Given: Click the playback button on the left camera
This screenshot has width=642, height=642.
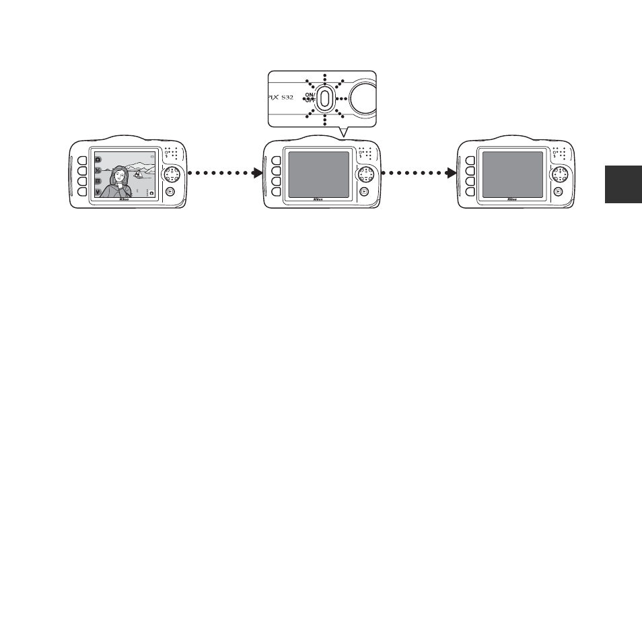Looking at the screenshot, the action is point(171,190).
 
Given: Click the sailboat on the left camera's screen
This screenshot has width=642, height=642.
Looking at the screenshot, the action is point(137,174).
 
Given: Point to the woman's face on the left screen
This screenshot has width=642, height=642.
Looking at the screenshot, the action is point(120,176).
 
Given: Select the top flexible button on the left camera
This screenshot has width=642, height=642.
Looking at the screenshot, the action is point(81,161).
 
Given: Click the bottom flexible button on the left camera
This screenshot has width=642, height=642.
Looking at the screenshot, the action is point(81,192).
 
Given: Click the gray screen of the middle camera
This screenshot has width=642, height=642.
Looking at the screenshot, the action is point(318,175).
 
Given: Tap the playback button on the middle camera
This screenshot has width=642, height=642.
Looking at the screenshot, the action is point(364,190).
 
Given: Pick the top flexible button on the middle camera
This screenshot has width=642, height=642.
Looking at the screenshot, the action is point(275,161).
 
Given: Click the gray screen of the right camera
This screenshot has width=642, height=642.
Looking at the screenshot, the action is point(512,175).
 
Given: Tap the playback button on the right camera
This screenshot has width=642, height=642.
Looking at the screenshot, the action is point(558,190).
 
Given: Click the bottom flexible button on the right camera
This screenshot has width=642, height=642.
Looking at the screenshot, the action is point(469,192).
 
